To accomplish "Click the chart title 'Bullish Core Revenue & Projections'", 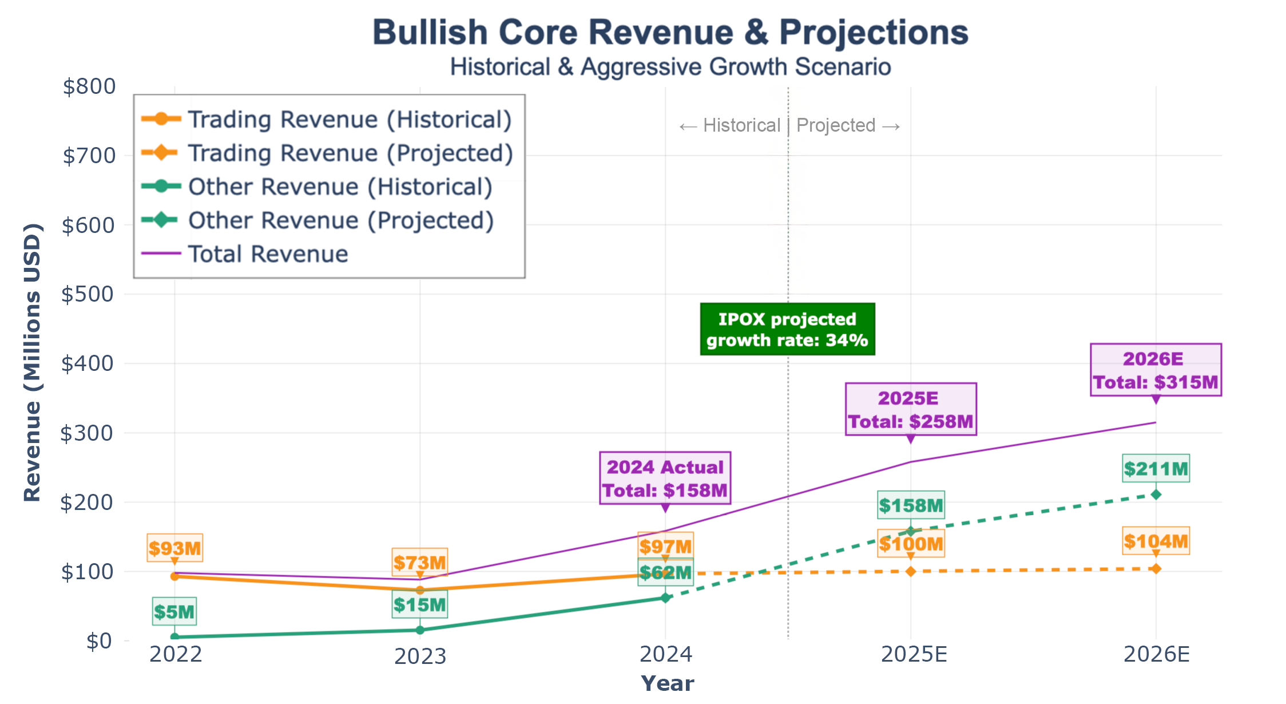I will tap(670, 32).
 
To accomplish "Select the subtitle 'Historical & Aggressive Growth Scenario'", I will tap(670, 67).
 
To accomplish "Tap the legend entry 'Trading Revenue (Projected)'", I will tap(350, 153).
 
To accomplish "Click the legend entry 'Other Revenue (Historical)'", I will tap(340, 187).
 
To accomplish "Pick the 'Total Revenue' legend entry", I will tap(268, 254).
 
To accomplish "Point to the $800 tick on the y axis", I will tap(89, 86).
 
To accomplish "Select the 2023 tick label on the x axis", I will tap(420, 656).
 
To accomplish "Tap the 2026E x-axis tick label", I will tap(1156, 654).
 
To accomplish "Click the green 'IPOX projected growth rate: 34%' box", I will tap(787, 329).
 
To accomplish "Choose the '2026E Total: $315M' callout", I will tap(1156, 370).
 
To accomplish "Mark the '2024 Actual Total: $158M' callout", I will tap(665, 478).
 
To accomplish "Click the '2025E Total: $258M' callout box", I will tap(911, 409).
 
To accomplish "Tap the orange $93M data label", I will tap(174, 548).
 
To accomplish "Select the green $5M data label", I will tap(174, 612).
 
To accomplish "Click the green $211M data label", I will tap(1156, 469).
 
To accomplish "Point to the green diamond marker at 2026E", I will tap(1156, 495).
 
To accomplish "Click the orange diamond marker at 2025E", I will tap(911, 571).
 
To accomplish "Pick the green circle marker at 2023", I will tap(420, 630).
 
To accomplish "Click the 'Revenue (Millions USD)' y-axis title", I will tap(32, 362).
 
